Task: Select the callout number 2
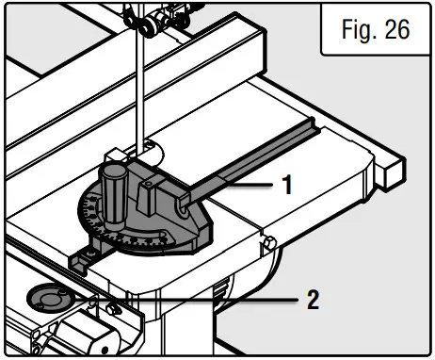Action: (313, 301)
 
